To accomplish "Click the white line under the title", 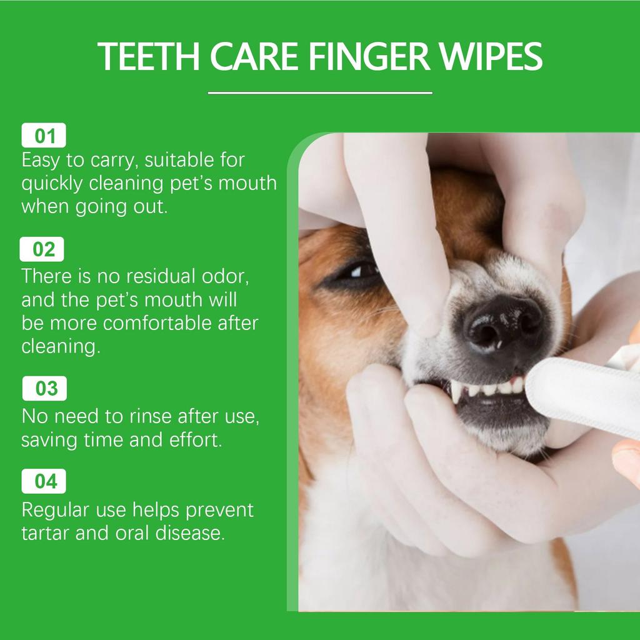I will tap(319, 93).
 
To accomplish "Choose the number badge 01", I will tap(44, 136).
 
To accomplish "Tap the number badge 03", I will tap(45, 389).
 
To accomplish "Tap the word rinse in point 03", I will tap(148, 416).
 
